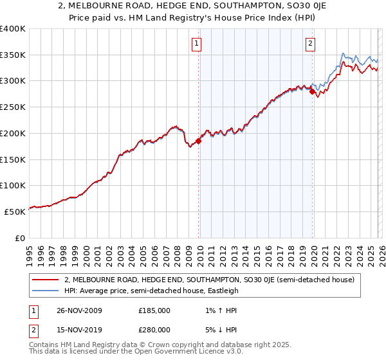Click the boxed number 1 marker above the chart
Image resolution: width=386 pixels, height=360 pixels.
[196, 44]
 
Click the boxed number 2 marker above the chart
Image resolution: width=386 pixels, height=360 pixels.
[310, 44]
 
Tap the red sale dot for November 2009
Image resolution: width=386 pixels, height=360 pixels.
[198, 141]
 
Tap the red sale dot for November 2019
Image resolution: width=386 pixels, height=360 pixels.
[312, 92]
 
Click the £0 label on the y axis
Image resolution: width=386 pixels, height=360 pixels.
[19, 237]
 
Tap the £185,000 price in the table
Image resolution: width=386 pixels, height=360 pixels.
[154, 310]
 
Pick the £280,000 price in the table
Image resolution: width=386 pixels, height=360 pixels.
[154, 329]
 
